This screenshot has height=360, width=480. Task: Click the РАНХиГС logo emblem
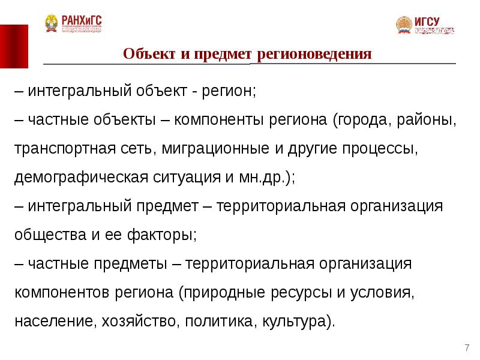[52, 23]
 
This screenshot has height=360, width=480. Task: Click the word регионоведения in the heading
[315, 55]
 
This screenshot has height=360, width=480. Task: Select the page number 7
[466, 348]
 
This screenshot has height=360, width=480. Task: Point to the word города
[361, 119]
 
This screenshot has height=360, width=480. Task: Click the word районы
[427, 119]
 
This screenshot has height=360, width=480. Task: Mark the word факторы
[162, 235]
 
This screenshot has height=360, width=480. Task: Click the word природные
[218, 293]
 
